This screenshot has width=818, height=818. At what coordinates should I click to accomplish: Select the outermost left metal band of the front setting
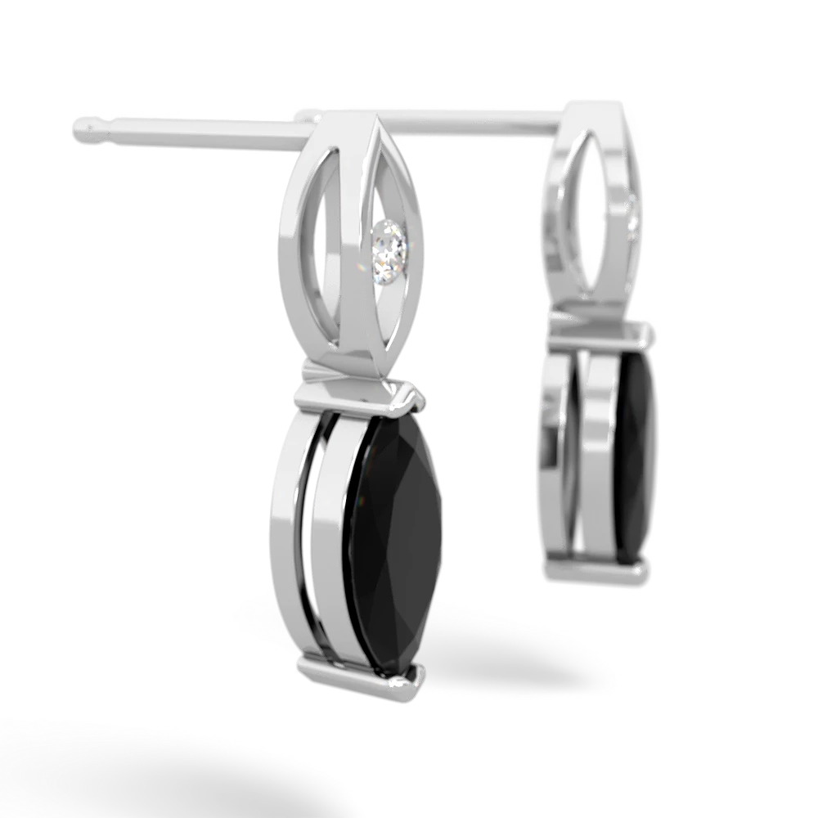pos(286,532)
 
